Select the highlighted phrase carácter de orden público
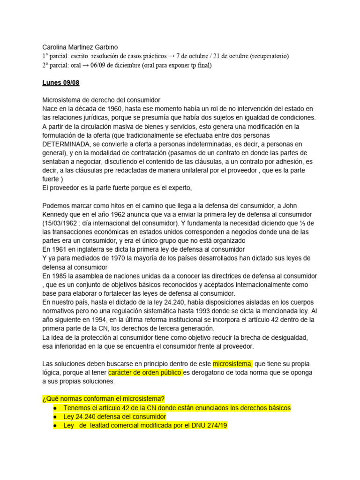[145, 373]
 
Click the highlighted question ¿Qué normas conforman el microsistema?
[104, 399]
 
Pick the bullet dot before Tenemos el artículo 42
[56, 408]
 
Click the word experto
[178, 188]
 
